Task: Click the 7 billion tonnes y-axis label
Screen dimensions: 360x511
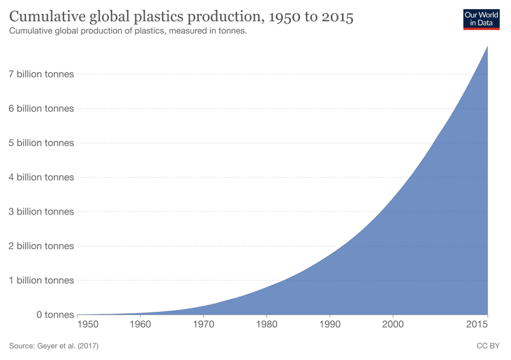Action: pyautogui.click(x=41, y=75)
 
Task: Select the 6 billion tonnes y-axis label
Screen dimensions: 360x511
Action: pyautogui.click(x=41, y=109)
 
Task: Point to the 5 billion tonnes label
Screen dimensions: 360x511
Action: pyautogui.click(x=41, y=143)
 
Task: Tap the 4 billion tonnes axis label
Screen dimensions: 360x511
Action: pyautogui.click(x=41, y=177)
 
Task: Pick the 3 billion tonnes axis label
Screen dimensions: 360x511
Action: pyautogui.click(x=41, y=211)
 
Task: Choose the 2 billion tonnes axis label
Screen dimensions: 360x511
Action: pyautogui.click(x=41, y=246)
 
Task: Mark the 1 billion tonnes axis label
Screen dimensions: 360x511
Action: pyautogui.click(x=41, y=280)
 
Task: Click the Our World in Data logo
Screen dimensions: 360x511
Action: pyautogui.click(x=481, y=19)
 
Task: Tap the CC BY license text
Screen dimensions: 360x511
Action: pyautogui.click(x=488, y=346)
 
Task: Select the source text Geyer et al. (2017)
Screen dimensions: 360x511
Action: pyautogui.click(x=53, y=346)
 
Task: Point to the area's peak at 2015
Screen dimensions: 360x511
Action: pyautogui.click(x=487, y=46)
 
